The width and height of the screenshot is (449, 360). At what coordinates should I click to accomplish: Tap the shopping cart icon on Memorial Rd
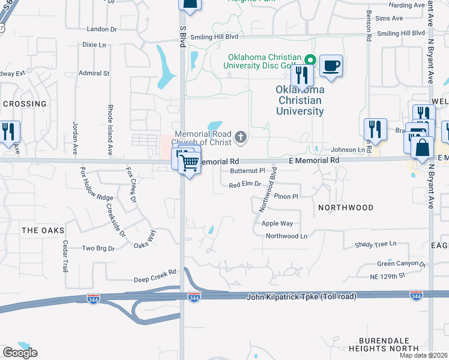[x=190, y=162]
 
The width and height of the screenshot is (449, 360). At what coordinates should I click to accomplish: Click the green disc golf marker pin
[x=310, y=59]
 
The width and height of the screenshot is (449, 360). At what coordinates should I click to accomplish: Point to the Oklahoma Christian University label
[x=300, y=100]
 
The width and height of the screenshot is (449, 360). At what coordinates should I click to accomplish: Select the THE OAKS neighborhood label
[x=43, y=230]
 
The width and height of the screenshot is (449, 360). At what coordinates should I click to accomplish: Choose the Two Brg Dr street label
[x=98, y=248]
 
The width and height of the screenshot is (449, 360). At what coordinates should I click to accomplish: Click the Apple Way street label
[x=277, y=223]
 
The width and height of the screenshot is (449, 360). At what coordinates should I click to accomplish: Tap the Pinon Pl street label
[x=286, y=196]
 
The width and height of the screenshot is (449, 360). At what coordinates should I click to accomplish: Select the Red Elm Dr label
[x=245, y=185]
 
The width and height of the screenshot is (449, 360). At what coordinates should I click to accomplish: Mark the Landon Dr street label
[x=101, y=29]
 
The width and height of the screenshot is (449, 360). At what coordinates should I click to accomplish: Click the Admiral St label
[x=94, y=73]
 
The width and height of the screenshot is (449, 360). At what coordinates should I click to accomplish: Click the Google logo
[x=20, y=353]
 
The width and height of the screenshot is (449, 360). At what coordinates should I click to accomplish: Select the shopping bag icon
[x=422, y=148]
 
